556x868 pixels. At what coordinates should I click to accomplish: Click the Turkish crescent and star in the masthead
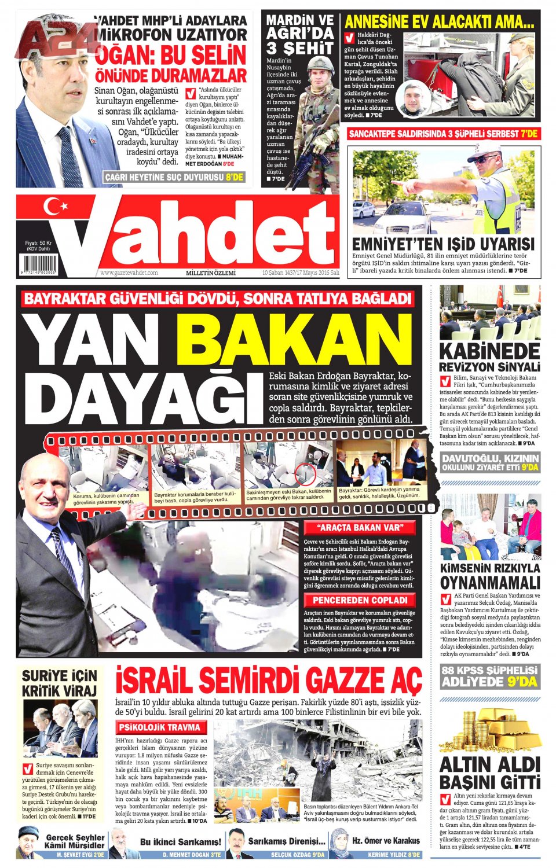56,207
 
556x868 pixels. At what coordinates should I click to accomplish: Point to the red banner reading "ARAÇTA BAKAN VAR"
359,527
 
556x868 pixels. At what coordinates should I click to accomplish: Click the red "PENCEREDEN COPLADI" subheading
360,600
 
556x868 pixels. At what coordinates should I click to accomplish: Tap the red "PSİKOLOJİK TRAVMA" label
160,727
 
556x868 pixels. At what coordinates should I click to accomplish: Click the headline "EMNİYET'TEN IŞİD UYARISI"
443,244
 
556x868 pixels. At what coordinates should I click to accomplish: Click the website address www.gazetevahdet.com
129,273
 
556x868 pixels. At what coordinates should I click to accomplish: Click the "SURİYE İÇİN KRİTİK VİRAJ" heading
59,683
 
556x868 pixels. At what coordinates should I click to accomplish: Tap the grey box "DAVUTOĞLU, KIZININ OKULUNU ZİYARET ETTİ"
490,462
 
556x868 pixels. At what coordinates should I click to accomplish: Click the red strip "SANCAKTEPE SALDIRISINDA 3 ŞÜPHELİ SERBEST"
443,134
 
